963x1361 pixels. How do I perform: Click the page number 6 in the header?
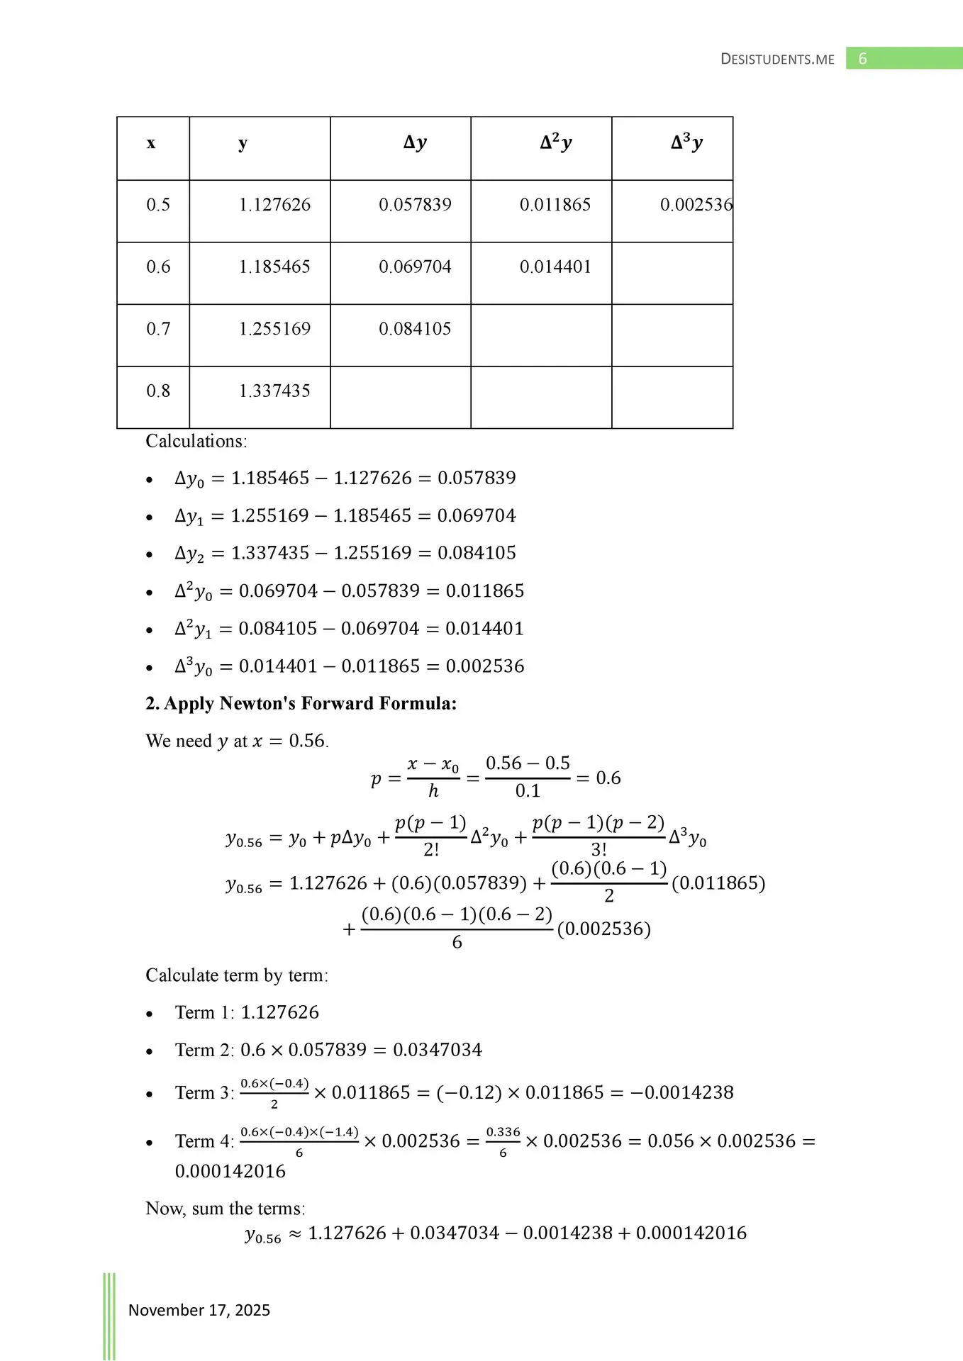tap(862, 59)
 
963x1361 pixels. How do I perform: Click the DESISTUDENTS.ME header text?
tap(777, 60)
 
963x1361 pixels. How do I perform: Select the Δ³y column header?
tap(686, 143)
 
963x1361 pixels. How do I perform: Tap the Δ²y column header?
tap(555, 143)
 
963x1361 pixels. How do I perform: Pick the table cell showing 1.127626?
tap(274, 205)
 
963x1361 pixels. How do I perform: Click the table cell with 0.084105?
tap(415, 329)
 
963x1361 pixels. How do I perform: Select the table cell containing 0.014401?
tap(555, 267)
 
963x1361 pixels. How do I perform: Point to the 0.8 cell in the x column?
tap(158, 391)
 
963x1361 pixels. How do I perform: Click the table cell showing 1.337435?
tap(274, 391)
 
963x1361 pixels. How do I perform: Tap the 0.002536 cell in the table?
tap(696, 205)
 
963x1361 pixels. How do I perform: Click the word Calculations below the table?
tap(196, 442)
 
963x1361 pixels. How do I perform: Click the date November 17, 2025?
tap(199, 1310)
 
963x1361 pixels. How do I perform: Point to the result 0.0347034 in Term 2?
tap(438, 1050)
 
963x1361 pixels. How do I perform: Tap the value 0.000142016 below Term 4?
tap(230, 1171)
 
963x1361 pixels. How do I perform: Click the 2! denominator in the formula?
tap(431, 850)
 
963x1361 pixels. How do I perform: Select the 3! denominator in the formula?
tap(599, 850)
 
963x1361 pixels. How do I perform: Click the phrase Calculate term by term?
tap(237, 975)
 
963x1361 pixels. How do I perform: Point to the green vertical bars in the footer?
tap(109, 1316)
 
